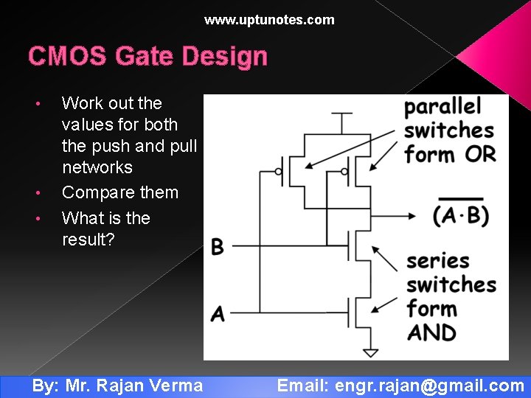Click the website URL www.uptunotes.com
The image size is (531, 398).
[x=269, y=20]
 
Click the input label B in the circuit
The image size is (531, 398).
[x=217, y=247]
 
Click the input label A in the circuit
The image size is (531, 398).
[x=217, y=313]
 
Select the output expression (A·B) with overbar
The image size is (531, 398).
[x=460, y=214]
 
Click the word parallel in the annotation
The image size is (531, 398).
[x=442, y=107]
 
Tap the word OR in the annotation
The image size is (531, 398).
[x=480, y=155]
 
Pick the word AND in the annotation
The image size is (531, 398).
[x=431, y=332]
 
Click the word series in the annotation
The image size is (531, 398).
[x=438, y=261]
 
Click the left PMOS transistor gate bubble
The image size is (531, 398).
[x=279, y=172]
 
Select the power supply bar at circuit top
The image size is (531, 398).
[x=341, y=114]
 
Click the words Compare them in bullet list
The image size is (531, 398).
[x=120, y=193]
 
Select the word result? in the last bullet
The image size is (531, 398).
[x=88, y=240]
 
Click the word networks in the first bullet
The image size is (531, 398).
[x=97, y=167]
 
